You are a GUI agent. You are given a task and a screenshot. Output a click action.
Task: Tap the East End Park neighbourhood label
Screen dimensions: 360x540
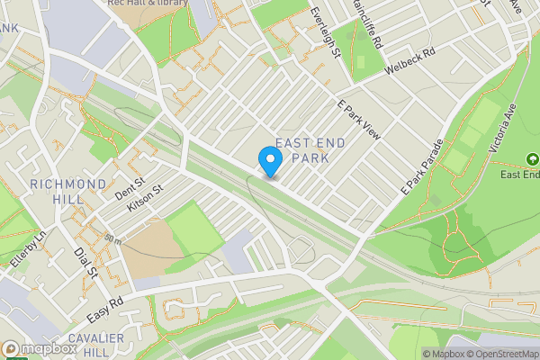(301, 150)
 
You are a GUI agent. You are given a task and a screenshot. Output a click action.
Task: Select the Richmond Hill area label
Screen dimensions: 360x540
(68, 192)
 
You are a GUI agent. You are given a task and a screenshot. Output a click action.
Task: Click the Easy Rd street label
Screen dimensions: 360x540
(104, 310)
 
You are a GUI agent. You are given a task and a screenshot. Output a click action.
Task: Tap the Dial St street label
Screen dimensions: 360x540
(86, 264)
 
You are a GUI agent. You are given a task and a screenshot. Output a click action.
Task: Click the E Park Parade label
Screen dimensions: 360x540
(422, 167)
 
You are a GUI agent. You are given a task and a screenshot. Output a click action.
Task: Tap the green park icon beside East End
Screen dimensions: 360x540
(532, 158)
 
